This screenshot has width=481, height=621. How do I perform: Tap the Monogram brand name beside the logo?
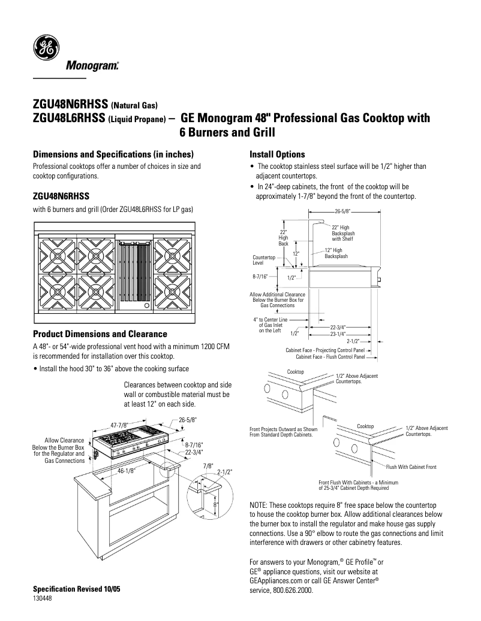coord(91,65)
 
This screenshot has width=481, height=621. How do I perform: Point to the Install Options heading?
coord(277,154)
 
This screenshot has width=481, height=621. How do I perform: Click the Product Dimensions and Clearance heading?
coord(100,334)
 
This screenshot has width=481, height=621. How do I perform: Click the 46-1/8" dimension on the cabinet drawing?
coord(126,471)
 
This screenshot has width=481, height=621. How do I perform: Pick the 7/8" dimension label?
coord(208,465)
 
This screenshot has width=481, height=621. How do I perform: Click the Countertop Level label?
coord(264,260)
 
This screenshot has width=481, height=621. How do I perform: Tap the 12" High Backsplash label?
coord(333,253)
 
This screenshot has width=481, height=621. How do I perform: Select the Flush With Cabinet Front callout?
coord(411,466)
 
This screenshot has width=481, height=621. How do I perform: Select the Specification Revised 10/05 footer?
coord(76,589)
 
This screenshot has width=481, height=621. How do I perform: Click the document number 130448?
coord(43,599)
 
